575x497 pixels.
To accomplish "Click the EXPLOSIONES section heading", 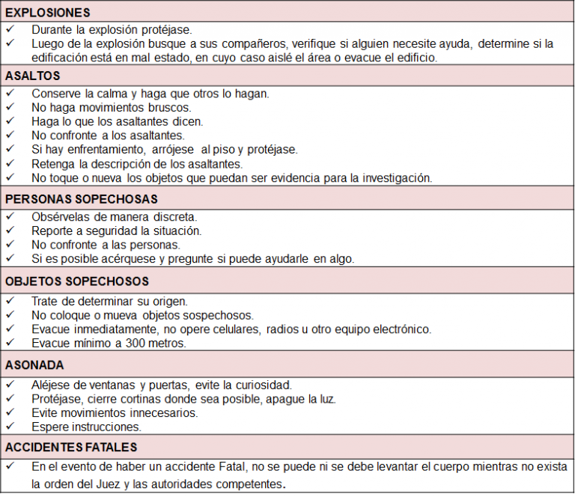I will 47,13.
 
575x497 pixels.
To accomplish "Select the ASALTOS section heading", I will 32,76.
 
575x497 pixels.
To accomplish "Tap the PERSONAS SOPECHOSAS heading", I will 82,199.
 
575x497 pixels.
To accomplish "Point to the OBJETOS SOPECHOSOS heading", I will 77,281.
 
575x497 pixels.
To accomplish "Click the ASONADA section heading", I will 34,365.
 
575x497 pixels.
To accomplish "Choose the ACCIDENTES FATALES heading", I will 71,447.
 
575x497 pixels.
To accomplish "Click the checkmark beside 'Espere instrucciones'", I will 10,426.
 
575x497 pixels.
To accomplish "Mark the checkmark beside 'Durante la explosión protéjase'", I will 10,29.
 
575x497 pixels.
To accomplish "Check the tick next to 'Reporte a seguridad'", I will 10,231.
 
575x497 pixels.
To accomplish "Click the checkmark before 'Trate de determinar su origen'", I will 10,300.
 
